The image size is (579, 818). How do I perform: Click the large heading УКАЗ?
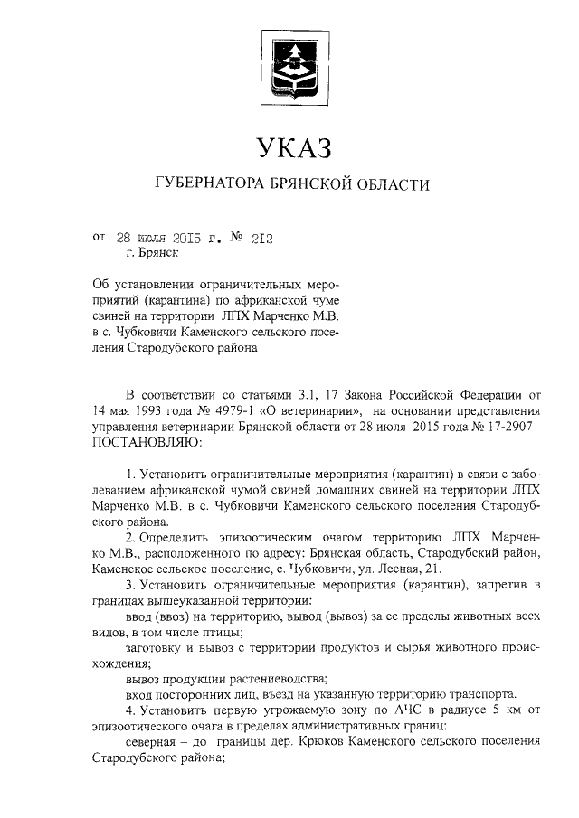click(289, 146)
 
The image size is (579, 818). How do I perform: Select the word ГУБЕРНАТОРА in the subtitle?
click(209, 185)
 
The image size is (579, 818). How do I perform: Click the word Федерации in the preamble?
click(488, 395)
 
